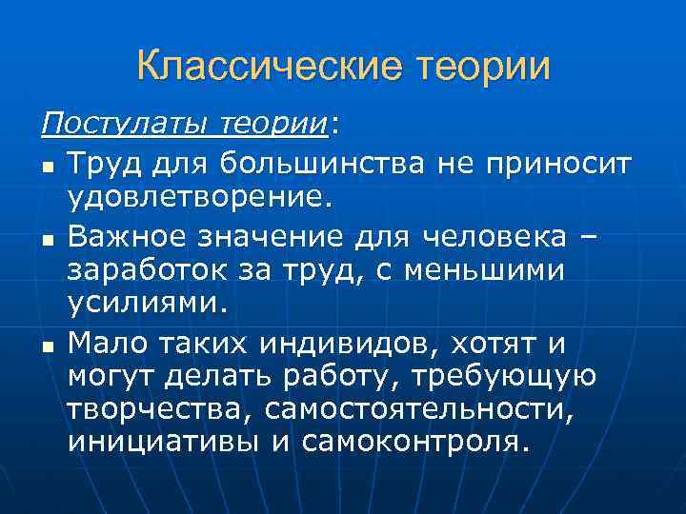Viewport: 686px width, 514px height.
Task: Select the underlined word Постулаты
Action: pos(125,125)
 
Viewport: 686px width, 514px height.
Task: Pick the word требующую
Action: pos(503,377)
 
